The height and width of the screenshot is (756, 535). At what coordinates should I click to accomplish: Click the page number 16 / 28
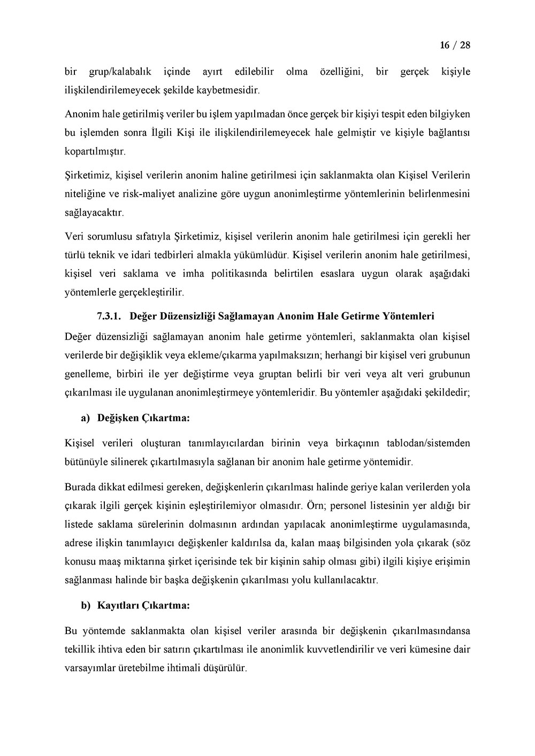(455, 45)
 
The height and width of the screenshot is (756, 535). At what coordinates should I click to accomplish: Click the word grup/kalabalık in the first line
(116, 72)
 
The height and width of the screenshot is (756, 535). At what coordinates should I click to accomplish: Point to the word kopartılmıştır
(95, 151)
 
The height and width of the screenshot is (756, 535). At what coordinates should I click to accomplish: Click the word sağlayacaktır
(94, 213)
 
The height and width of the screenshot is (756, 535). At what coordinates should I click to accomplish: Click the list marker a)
(85, 418)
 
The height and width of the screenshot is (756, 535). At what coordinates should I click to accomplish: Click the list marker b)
(86, 606)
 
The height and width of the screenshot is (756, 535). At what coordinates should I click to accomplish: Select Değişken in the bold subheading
(118, 418)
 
